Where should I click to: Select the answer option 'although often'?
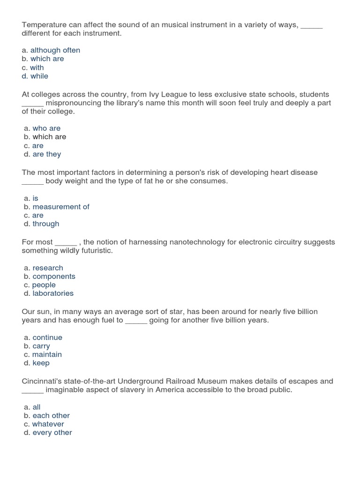(55, 50)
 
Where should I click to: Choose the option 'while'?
(39, 76)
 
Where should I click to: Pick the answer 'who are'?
(46, 128)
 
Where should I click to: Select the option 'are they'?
(46, 154)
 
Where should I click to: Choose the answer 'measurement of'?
(60, 207)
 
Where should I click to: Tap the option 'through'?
(46, 224)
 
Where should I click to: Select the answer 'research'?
(48, 268)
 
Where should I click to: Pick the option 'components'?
(54, 276)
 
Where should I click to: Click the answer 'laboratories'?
(53, 293)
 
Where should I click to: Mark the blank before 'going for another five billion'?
(136, 321)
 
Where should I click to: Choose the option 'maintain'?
(47, 354)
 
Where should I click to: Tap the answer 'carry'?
(41, 346)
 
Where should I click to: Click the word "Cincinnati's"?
(44, 381)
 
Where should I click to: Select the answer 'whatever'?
(48, 424)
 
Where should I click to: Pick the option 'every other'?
(52, 432)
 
